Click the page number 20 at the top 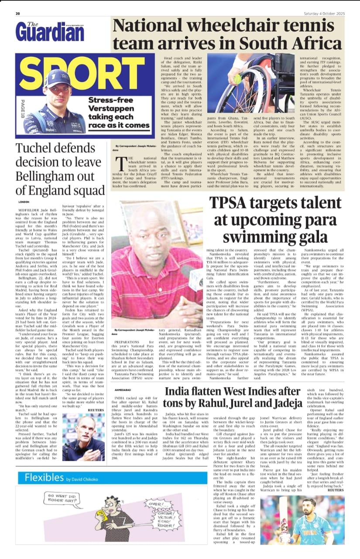pyautogui.click(x=18, y=14)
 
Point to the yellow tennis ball pyautogui.click(x=238, y=79)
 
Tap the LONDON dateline pyautogui.click(x=24, y=202)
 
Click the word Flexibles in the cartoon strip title pyautogui.click(x=44, y=477)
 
